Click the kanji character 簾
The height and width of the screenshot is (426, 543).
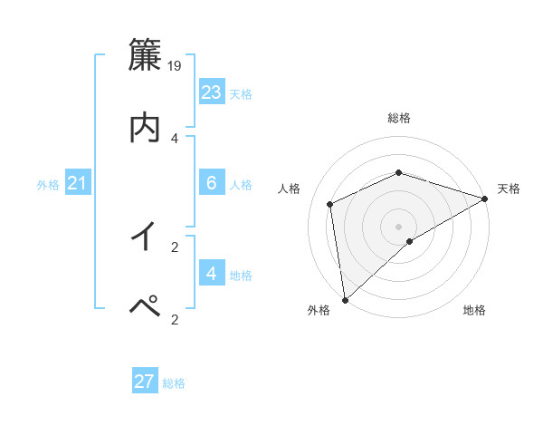coord(144,55)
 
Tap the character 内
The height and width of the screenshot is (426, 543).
coord(144,127)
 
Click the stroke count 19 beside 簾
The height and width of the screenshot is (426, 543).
coord(176,66)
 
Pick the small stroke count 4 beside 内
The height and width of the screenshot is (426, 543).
coord(175,138)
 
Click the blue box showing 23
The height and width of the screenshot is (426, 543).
coord(211,92)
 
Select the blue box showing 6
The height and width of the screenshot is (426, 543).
coord(211,182)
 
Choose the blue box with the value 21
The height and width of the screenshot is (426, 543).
coord(78,183)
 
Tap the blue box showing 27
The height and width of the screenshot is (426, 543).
coord(145,382)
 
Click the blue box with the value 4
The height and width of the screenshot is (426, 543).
coord(211,273)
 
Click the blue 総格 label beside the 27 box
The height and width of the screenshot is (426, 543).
coord(174,383)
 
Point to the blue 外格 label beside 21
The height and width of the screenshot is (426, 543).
coord(48,185)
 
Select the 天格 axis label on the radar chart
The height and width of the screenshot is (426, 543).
coord(510,189)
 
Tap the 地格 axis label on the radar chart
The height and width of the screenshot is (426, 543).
coord(474,311)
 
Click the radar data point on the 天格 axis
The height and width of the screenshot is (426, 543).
coord(484,199)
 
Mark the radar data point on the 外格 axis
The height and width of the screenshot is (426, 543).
coord(345,300)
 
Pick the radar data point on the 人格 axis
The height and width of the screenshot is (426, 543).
coord(330,204)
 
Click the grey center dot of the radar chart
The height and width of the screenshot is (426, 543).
coord(398,226)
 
